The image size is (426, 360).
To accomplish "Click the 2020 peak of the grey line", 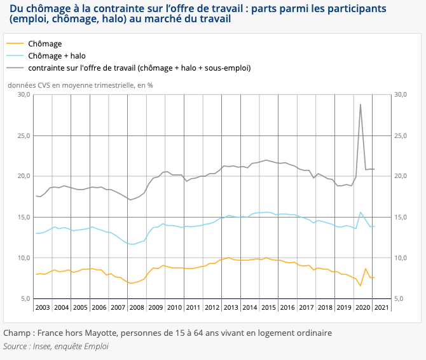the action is click(361, 104).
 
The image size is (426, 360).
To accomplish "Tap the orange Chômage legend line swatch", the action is click(15, 43).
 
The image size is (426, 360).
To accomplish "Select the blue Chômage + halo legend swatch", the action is click(15, 56).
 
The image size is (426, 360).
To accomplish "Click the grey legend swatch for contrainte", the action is click(15, 67).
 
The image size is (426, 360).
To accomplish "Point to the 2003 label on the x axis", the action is click(43, 307).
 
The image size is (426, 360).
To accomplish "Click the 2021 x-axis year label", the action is click(381, 307).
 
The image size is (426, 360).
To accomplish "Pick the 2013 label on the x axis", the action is click(231, 307).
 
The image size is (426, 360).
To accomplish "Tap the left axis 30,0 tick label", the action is click(24, 95).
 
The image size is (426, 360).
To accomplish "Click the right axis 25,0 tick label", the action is click(401, 135).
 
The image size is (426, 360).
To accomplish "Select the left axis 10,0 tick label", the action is click(24, 258).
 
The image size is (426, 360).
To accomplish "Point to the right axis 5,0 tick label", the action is click(399, 298).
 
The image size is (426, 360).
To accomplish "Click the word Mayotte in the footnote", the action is click(101, 333).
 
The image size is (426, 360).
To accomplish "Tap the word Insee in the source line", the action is click(42, 347).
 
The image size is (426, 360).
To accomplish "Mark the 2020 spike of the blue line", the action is click(361, 212).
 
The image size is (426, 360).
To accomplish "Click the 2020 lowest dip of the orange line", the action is click(361, 286).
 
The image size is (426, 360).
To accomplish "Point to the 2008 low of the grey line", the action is click(130, 200).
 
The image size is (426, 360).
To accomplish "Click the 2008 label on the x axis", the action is click(137, 307).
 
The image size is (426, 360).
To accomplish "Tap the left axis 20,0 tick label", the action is click(24, 176).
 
